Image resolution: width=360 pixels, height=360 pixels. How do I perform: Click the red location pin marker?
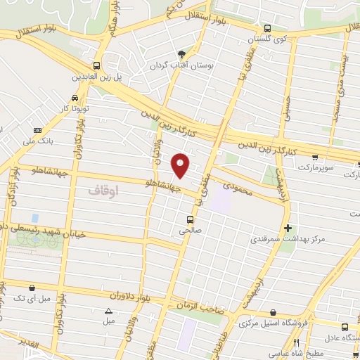point(181,165)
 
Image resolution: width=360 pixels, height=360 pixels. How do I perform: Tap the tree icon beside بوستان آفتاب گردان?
point(182,54)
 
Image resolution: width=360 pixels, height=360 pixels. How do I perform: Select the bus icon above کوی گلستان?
point(267,29)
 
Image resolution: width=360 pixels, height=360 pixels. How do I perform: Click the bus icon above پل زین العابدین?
point(96,65)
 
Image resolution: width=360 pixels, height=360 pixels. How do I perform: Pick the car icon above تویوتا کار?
point(75,98)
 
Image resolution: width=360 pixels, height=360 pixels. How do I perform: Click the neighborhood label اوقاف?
point(104,190)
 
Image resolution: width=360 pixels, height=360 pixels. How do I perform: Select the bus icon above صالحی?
point(190,218)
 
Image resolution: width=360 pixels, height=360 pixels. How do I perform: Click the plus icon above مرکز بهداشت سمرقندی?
point(288,229)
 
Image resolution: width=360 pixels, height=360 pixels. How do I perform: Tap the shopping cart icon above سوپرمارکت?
point(315,157)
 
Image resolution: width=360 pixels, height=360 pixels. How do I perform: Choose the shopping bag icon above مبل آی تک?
point(32,287)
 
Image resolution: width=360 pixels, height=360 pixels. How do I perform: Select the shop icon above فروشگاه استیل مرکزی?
point(273,313)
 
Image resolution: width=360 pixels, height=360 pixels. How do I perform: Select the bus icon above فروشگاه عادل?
point(345,326)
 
